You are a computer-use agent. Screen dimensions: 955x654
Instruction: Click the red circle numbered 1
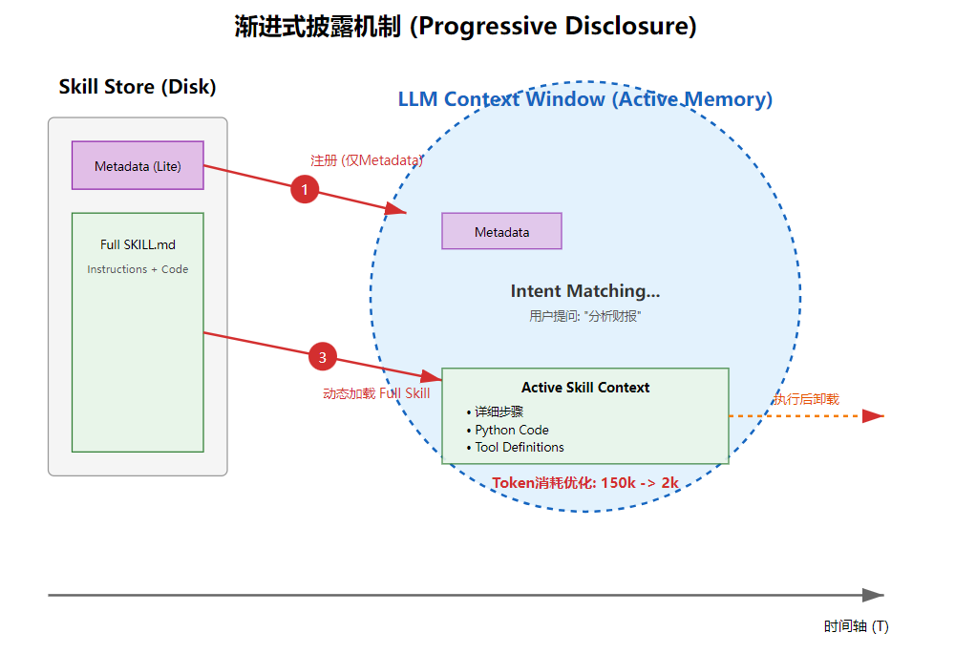305,189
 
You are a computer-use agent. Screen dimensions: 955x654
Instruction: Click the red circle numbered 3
322,357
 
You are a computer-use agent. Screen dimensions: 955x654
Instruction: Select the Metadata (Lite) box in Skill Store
138,165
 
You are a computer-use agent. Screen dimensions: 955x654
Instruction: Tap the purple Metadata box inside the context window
502,231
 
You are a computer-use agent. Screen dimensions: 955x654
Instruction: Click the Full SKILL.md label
138,244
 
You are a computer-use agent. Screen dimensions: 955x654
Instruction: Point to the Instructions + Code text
138,269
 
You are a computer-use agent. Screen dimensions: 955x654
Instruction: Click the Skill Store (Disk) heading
138,87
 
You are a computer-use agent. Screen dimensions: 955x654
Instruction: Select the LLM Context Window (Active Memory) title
585,98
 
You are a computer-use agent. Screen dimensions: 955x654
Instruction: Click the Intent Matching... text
585,291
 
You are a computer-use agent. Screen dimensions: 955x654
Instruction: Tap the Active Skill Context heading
585,388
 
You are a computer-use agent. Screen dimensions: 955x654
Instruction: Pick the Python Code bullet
508,430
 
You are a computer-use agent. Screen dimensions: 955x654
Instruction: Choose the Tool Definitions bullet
516,447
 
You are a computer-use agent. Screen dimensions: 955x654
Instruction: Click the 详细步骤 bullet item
495,411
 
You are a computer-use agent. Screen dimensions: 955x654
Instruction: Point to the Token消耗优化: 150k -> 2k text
585,483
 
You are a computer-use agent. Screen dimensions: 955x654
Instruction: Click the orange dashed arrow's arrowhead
874,416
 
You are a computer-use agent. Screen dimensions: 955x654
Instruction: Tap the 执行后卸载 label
806,399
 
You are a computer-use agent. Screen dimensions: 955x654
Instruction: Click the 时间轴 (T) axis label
857,626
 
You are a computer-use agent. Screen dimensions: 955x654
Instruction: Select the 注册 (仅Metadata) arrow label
367,160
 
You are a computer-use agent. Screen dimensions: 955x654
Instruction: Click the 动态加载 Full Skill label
376,393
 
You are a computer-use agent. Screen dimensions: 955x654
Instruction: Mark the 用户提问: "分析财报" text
584,316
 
